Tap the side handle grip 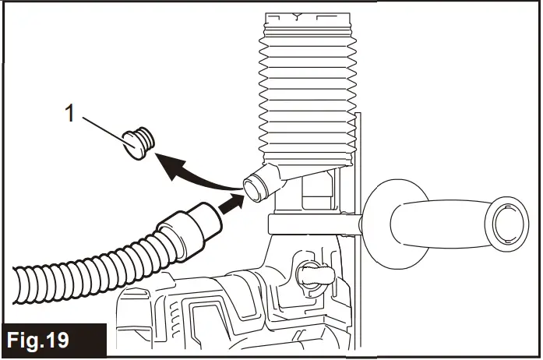tap(436, 218)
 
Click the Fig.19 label tap(38, 341)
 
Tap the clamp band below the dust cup tap(308, 224)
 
